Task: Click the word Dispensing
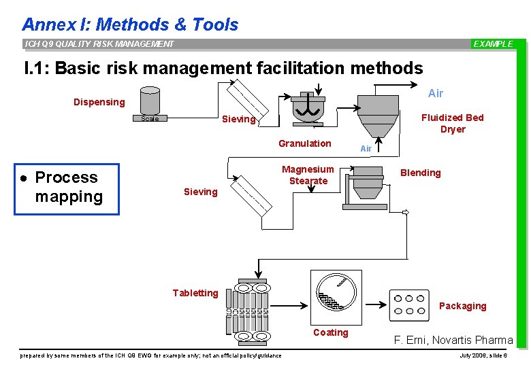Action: click(99, 102)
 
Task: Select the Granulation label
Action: click(304, 143)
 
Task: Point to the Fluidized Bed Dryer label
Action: click(453, 123)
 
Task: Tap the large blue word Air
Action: click(436, 94)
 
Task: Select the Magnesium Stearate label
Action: click(308, 175)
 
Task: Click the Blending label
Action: click(420, 173)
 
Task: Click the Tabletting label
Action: click(195, 293)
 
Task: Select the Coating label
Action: click(330, 332)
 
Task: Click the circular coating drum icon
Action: click(336, 295)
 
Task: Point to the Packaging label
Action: click(462, 306)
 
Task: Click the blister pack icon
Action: click(409, 305)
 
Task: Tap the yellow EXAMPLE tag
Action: click(494, 44)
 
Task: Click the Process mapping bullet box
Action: click(67, 188)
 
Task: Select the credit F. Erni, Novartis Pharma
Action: click(453, 340)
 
